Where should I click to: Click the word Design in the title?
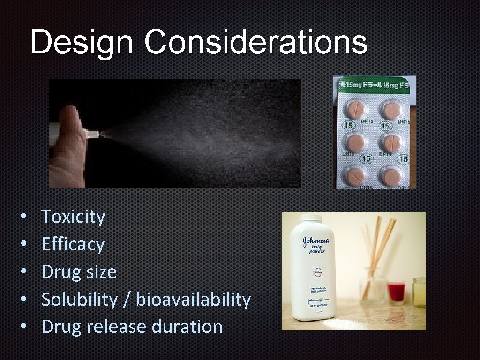click(81, 43)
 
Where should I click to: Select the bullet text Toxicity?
click(73, 217)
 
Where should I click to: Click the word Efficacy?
click(73, 244)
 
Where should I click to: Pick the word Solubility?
click(79, 299)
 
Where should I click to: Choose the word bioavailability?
click(193, 299)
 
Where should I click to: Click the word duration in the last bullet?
click(187, 326)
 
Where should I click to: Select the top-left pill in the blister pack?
click(356, 110)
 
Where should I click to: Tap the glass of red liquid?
click(396, 292)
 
